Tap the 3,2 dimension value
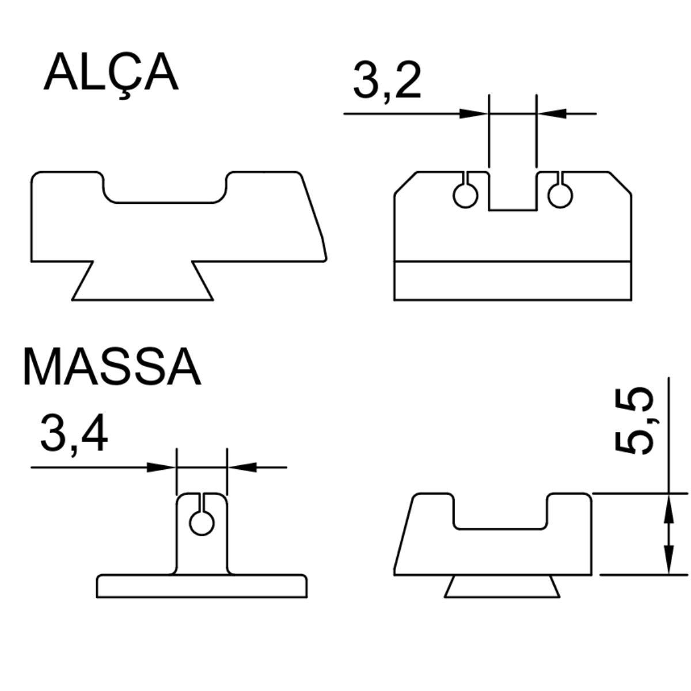(x=387, y=81)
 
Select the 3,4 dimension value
(x=74, y=434)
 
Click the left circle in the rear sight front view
(x=465, y=196)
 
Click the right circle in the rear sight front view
(x=560, y=196)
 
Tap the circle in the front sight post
(x=202, y=523)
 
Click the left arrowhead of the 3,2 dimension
(x=474, y=113)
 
